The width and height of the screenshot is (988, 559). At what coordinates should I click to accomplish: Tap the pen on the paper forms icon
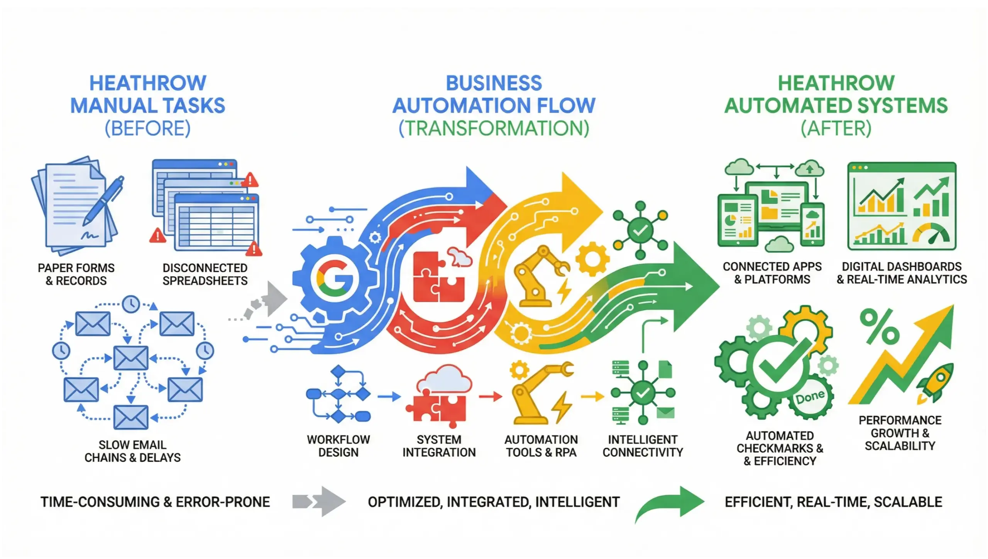click(x=103, y=201)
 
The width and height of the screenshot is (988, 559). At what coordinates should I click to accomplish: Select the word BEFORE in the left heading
click(x=148, y=129)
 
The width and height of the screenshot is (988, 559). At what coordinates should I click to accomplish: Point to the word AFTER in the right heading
click(x=836, y=129)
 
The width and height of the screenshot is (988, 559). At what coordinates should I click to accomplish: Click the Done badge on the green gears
click(x=810, y=397)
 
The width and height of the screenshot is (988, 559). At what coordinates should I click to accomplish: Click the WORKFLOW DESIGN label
click(x=338, y=446)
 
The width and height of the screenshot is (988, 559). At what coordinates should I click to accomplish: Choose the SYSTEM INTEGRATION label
click(x=439, y=446)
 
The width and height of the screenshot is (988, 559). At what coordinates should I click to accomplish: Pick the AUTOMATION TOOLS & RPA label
click(x=541, y=446)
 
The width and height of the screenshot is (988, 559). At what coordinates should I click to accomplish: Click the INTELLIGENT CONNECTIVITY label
click(x=643, y=446)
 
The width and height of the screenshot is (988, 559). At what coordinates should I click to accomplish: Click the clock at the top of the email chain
click(x=131, y=304)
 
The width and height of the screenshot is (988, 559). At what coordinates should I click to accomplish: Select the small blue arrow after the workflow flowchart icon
click(x=389, y=396)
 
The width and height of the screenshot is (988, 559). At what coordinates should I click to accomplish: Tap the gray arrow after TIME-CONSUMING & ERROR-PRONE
click(x=319, y=501)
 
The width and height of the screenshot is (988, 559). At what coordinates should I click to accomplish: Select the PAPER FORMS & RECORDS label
click(x=76, y=274)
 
